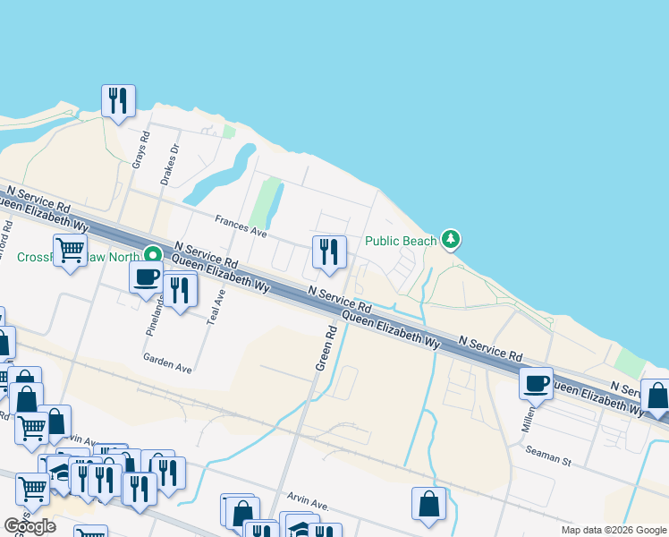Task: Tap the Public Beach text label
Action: pyautogui.click(x=401, y=241)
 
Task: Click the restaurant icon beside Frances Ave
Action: pyautogui.click(x=328, y=253)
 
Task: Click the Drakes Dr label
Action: pyautogui.click(x=170, y=164)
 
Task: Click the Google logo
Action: pyautogui.click(x=30, y=525)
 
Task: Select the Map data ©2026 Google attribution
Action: pyautogui.click(x=613, y=530)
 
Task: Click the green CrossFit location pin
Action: pyautogui.click(x=154, y=255)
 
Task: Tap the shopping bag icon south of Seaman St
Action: pyautogui.click(x=428, y=504)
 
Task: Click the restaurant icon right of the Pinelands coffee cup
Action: pyautogui.click(x=181, y=291)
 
